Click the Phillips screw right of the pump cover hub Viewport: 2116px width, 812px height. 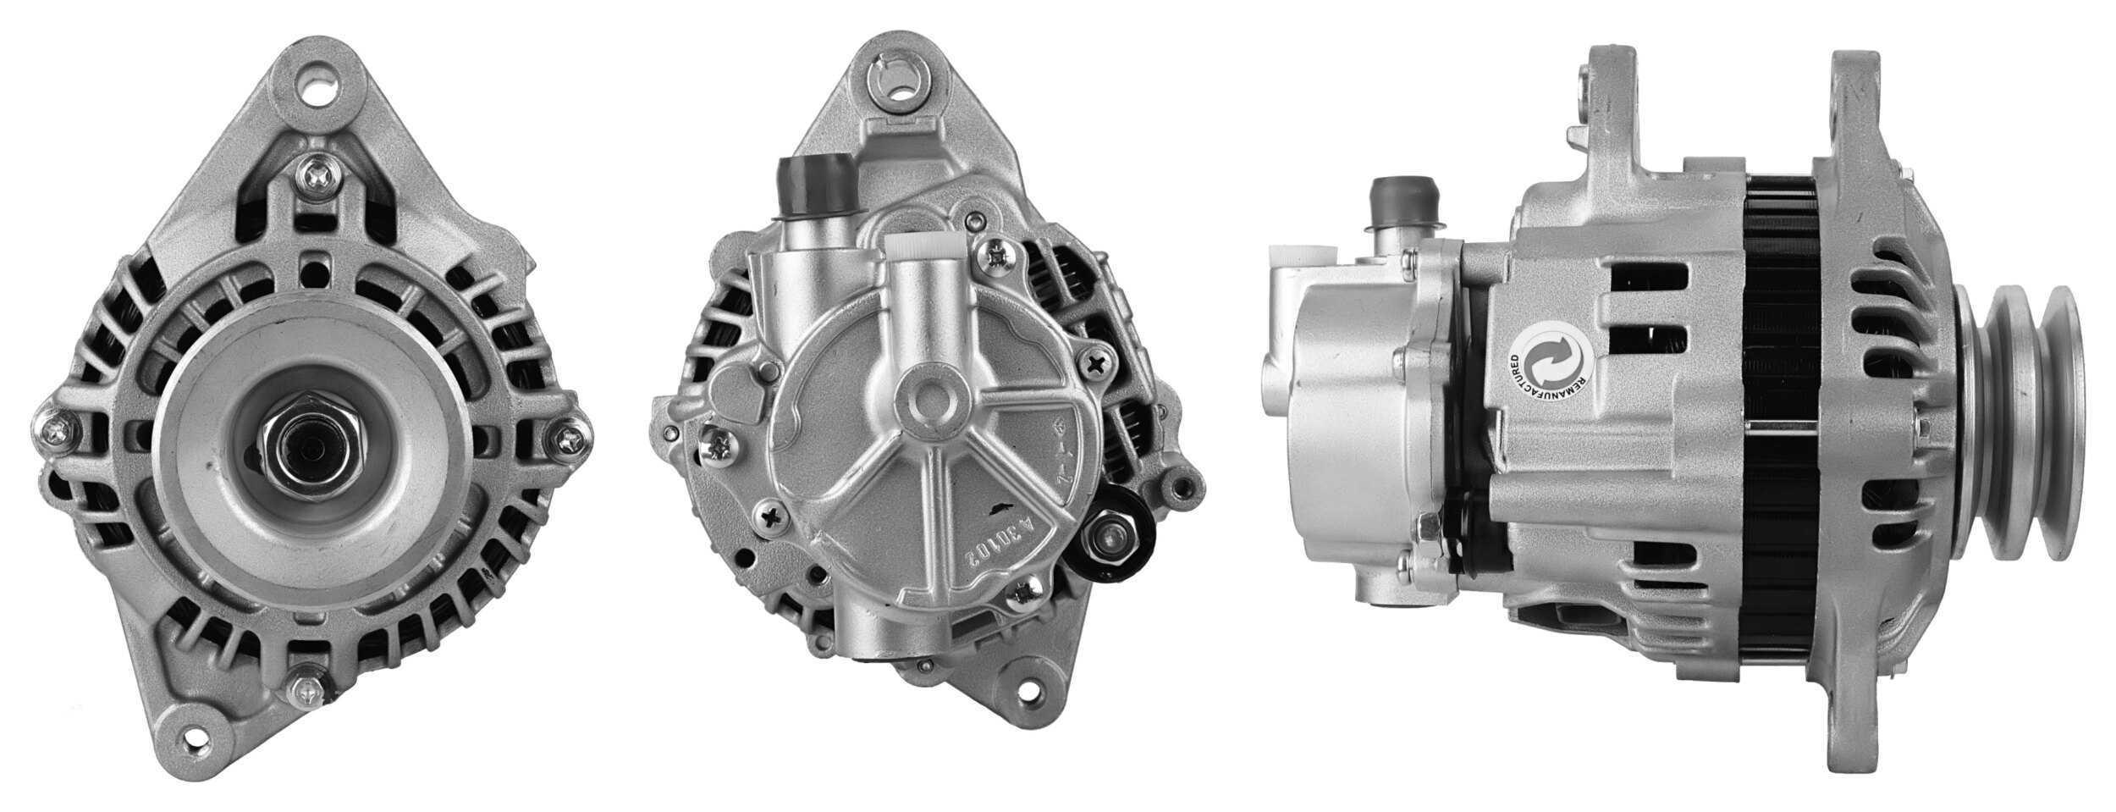(1097, 365)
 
